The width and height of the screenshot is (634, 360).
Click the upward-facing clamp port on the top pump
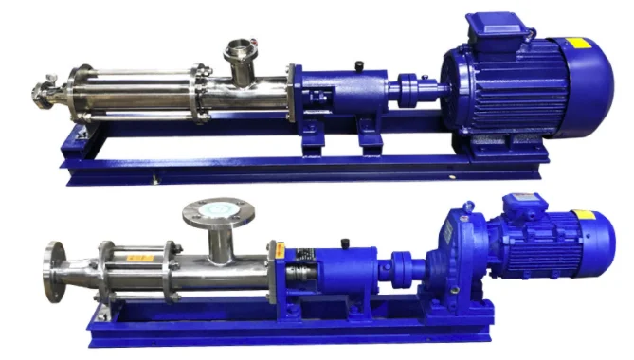coord(237,52)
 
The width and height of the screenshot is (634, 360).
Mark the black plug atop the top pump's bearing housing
coord(358,65)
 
